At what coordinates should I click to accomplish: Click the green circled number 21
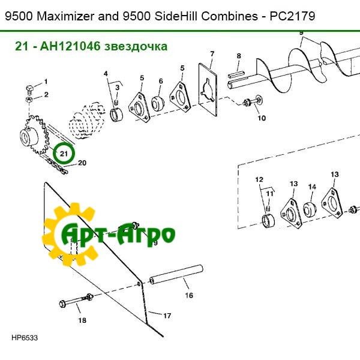pyautogui.click(x=63, y=153)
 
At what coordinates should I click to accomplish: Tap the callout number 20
pyautogui.click(x=82, y=163)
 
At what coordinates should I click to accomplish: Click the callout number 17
pyautogui.click(x=167, y=315)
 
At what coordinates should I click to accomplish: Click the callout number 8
pyautogui.click(x=238, y=56)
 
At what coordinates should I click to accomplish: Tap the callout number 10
pyautogui.click(x=261, y=118)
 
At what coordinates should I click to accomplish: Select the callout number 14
pyautogui.click(x=312, y=187)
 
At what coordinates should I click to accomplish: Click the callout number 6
pyautogui.click(x=161, y=81)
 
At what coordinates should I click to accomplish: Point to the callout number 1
pyautogui.click(x=45, y=81)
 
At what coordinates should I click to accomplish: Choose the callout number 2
pyautogui.click(x=46, y=94)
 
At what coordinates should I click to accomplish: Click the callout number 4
pyautogui.click(x=106, y=74)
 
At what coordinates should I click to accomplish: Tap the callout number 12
pyautogui.click(x=259, y=179)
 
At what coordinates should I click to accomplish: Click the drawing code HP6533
pyautogui.click(x=25, y=338)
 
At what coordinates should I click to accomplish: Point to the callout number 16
pyautogui.click(x=188, y=295)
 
